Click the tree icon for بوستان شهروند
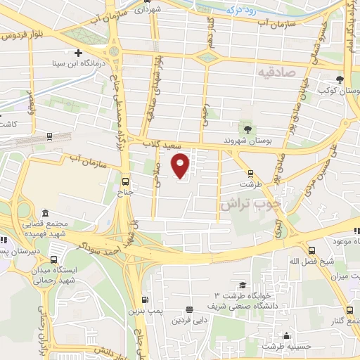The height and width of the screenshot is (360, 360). (x=247, y=128)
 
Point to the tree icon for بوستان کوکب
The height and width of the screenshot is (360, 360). (x=340, y=79)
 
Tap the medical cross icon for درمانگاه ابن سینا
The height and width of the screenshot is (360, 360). (x=78, y=53)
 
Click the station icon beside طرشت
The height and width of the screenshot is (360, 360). (x=250, y=174)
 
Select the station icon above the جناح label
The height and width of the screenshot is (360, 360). (x=126, y=179)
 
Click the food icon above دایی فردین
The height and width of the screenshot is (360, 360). (x=189, y=309)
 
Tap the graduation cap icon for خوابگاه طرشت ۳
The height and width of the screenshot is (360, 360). (x=243, y=285)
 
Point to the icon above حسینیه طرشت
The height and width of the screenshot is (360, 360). (x=285, y=335)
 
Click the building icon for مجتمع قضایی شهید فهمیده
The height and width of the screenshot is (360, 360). (x=46, y=213)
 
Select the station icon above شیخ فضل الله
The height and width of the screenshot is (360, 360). (x=312, y=250)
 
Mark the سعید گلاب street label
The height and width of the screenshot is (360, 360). (x=162, y=143)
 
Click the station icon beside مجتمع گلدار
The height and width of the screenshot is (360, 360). (x=350, y=310)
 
